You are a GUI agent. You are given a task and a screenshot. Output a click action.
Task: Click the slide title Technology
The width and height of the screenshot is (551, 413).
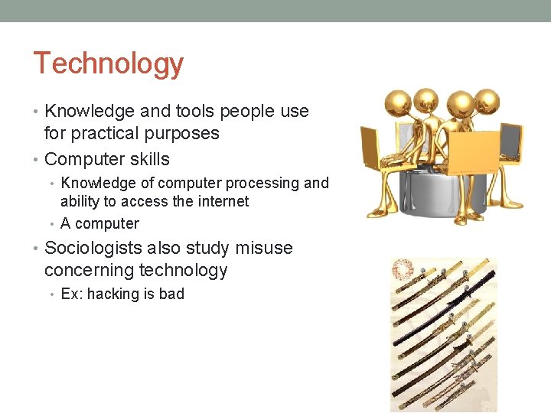pos(108,63)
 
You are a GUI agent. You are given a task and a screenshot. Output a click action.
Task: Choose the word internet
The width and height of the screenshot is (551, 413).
pos(221,202)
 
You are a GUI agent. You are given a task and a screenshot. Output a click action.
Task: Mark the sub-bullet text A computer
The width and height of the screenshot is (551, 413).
pos(99,223)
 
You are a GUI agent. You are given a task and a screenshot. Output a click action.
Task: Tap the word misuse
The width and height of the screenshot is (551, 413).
pos(265,249)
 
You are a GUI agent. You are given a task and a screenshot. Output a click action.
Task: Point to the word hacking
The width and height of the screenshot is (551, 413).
pos(113,294)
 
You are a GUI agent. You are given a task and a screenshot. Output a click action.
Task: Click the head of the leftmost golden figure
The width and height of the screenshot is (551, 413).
pos(401,103)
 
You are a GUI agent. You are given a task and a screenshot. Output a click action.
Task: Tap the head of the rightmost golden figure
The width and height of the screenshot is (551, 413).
pos(487,102)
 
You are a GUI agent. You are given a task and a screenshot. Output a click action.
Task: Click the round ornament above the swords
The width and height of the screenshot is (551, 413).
pos(403,270)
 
